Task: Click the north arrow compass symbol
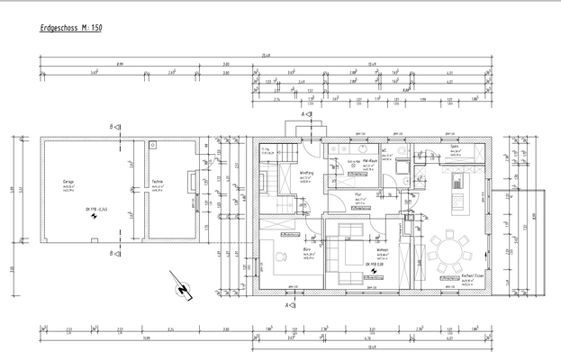point(185,288)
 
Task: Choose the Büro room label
point(308,251)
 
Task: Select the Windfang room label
point(307,173)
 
